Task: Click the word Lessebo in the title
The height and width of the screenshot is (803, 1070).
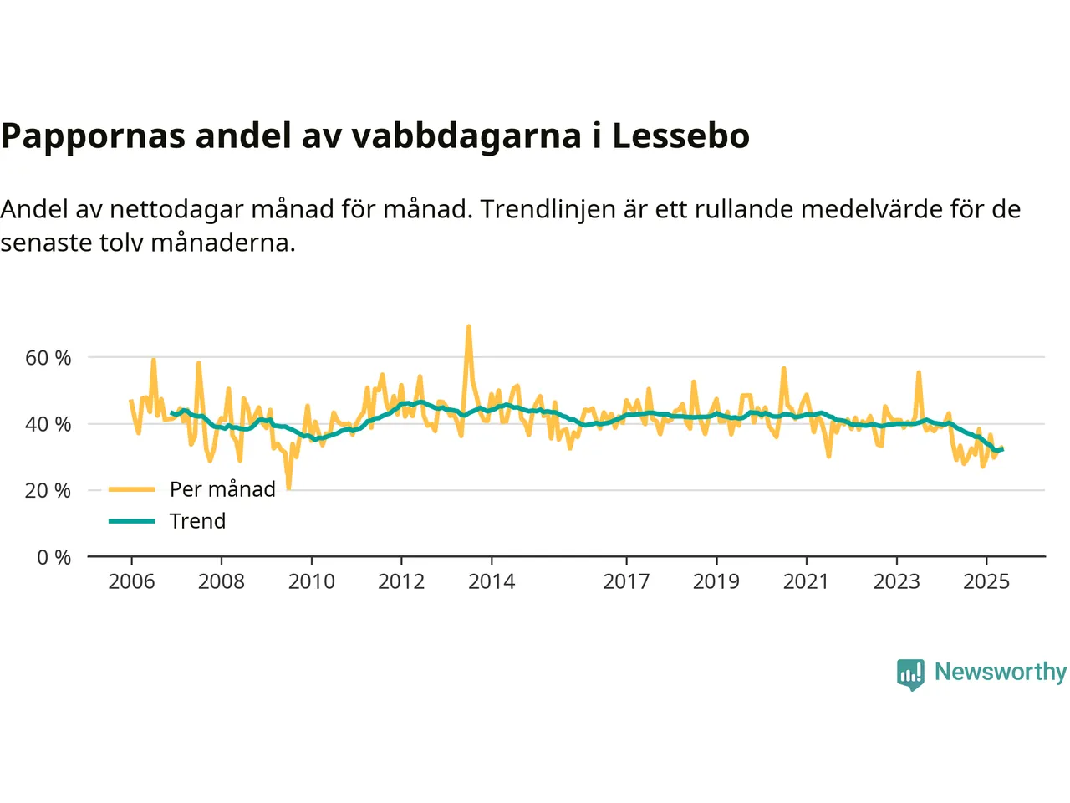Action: coord(680,136)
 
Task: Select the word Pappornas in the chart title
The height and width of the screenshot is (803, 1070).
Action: coord(93,136)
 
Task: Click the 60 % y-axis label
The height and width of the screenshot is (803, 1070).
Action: coord(48,358)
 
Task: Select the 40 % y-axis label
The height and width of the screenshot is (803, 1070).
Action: coord(48,424)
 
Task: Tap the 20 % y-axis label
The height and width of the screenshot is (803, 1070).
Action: coord(48,490)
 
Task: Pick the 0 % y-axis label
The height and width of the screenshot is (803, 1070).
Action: coord(54,557)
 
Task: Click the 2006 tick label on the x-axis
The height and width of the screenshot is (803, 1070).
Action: coord(131,581)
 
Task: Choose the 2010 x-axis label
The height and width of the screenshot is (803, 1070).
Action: coord(311,581)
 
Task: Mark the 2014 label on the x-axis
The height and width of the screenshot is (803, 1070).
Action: coord(492,581)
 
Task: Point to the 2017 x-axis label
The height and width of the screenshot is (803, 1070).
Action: coord(626,581)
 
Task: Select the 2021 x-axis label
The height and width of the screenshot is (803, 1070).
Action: coord(806,581)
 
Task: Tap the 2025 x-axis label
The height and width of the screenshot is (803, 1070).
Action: coord(986,581)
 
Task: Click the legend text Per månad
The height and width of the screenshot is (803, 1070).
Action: coord(222,489)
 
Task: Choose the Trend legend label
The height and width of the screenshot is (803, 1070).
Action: coord(197,521)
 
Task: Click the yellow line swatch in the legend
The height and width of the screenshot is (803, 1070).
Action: coord(132,489)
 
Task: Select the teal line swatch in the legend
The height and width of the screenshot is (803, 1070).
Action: coord(132,521)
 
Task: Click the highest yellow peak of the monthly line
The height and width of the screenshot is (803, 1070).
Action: coord(468,326)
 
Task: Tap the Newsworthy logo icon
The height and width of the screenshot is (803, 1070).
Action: coord(910,673)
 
